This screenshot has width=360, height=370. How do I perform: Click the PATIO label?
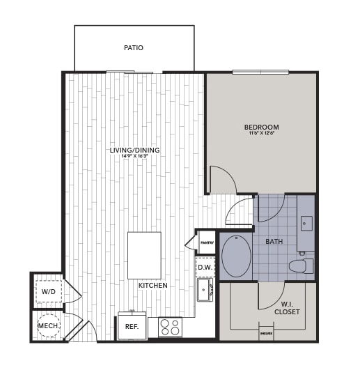coord(134,48)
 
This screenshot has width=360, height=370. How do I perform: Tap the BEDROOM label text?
coord(261,127)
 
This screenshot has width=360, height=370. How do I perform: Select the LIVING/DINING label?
coord(134,150)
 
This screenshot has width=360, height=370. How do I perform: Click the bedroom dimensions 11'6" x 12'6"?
coord(261,133)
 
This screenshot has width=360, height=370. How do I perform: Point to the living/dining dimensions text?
coord(134,156)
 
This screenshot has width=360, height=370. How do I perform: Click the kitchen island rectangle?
coord(144,255)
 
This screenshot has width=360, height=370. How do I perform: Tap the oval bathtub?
coord(237,256)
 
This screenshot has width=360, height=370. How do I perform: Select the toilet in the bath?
coord(302,265)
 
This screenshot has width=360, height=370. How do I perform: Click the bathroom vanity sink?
coord(306,224)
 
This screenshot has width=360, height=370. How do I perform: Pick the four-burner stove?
coord(170,326)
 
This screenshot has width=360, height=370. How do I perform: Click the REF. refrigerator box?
coord(131,326)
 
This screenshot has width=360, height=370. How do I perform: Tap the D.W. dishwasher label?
coord(205,267)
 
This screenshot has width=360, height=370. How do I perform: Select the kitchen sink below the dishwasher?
coord(205,289)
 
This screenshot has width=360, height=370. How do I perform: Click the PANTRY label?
coord(207,242)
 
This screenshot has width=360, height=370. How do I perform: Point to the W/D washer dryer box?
coord(49,291)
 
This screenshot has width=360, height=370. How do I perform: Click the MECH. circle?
coord(48,326)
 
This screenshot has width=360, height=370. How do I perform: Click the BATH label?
coord(274,241)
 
